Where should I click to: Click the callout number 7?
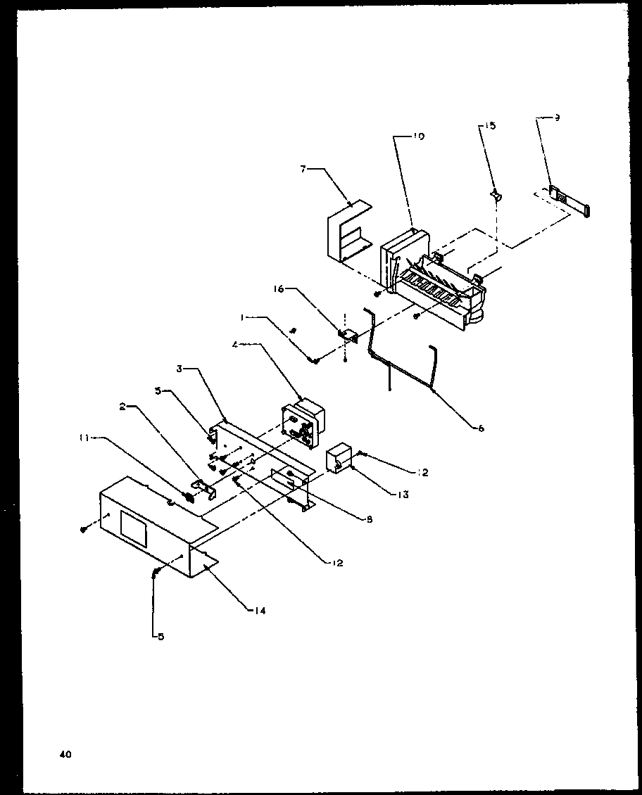(303, 170)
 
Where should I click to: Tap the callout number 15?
(490, 126)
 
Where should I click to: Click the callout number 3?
(180, 369)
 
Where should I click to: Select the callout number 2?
(122, 407)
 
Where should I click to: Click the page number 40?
(65, 755)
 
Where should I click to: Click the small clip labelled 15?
(496, 194)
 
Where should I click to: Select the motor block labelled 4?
(301, 422)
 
